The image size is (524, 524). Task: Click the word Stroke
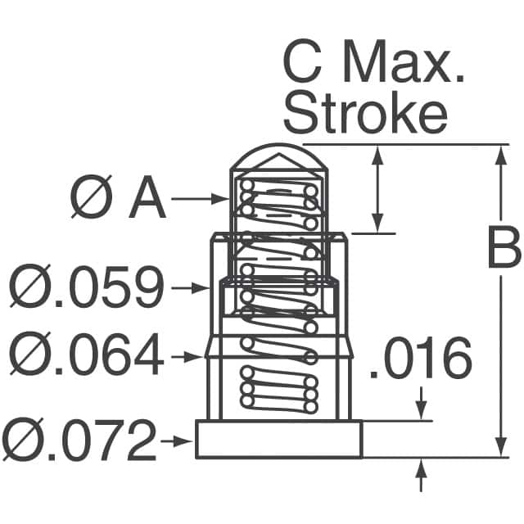tap(365, 113)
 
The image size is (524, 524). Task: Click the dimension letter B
tap(504, 247)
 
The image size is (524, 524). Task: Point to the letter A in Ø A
tap(147, 198)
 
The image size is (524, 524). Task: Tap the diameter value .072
tap(102, 440)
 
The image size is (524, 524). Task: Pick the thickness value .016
tap(421, 358)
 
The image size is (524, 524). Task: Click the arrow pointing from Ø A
tap(200, 199)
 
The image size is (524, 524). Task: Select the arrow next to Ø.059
tap(190, 287)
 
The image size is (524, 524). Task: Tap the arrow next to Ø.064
tap(187, 357)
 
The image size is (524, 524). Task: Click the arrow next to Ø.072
tap(177, 441)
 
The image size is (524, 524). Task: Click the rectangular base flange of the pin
tap(278, 439)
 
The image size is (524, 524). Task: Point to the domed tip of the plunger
tap(279, 156)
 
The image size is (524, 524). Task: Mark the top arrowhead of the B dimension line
tap(500, 156)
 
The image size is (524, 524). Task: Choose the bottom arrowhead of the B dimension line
tap(500, 446)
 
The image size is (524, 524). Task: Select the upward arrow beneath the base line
tap(421, 475)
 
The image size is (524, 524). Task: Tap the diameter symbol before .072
tap(22, 440)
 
